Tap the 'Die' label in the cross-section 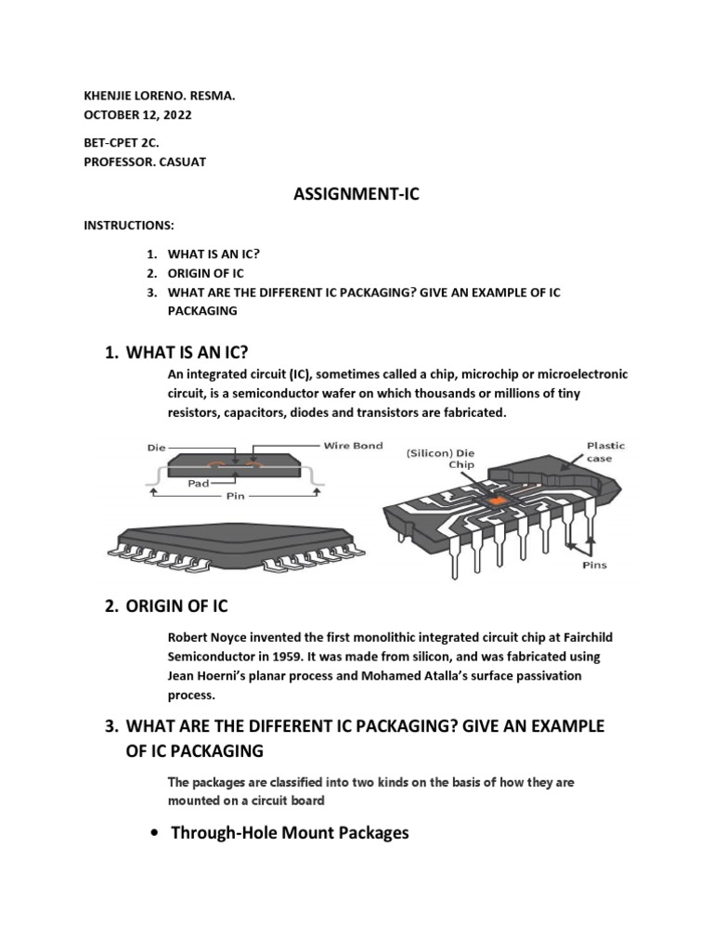coord(157,447)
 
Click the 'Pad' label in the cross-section coord(197,483)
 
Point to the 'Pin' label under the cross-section coord(236,496)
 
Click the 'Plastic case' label coord(605,451)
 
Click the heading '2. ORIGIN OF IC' coord(167,606)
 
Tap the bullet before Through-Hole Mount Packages coord(153,833)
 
